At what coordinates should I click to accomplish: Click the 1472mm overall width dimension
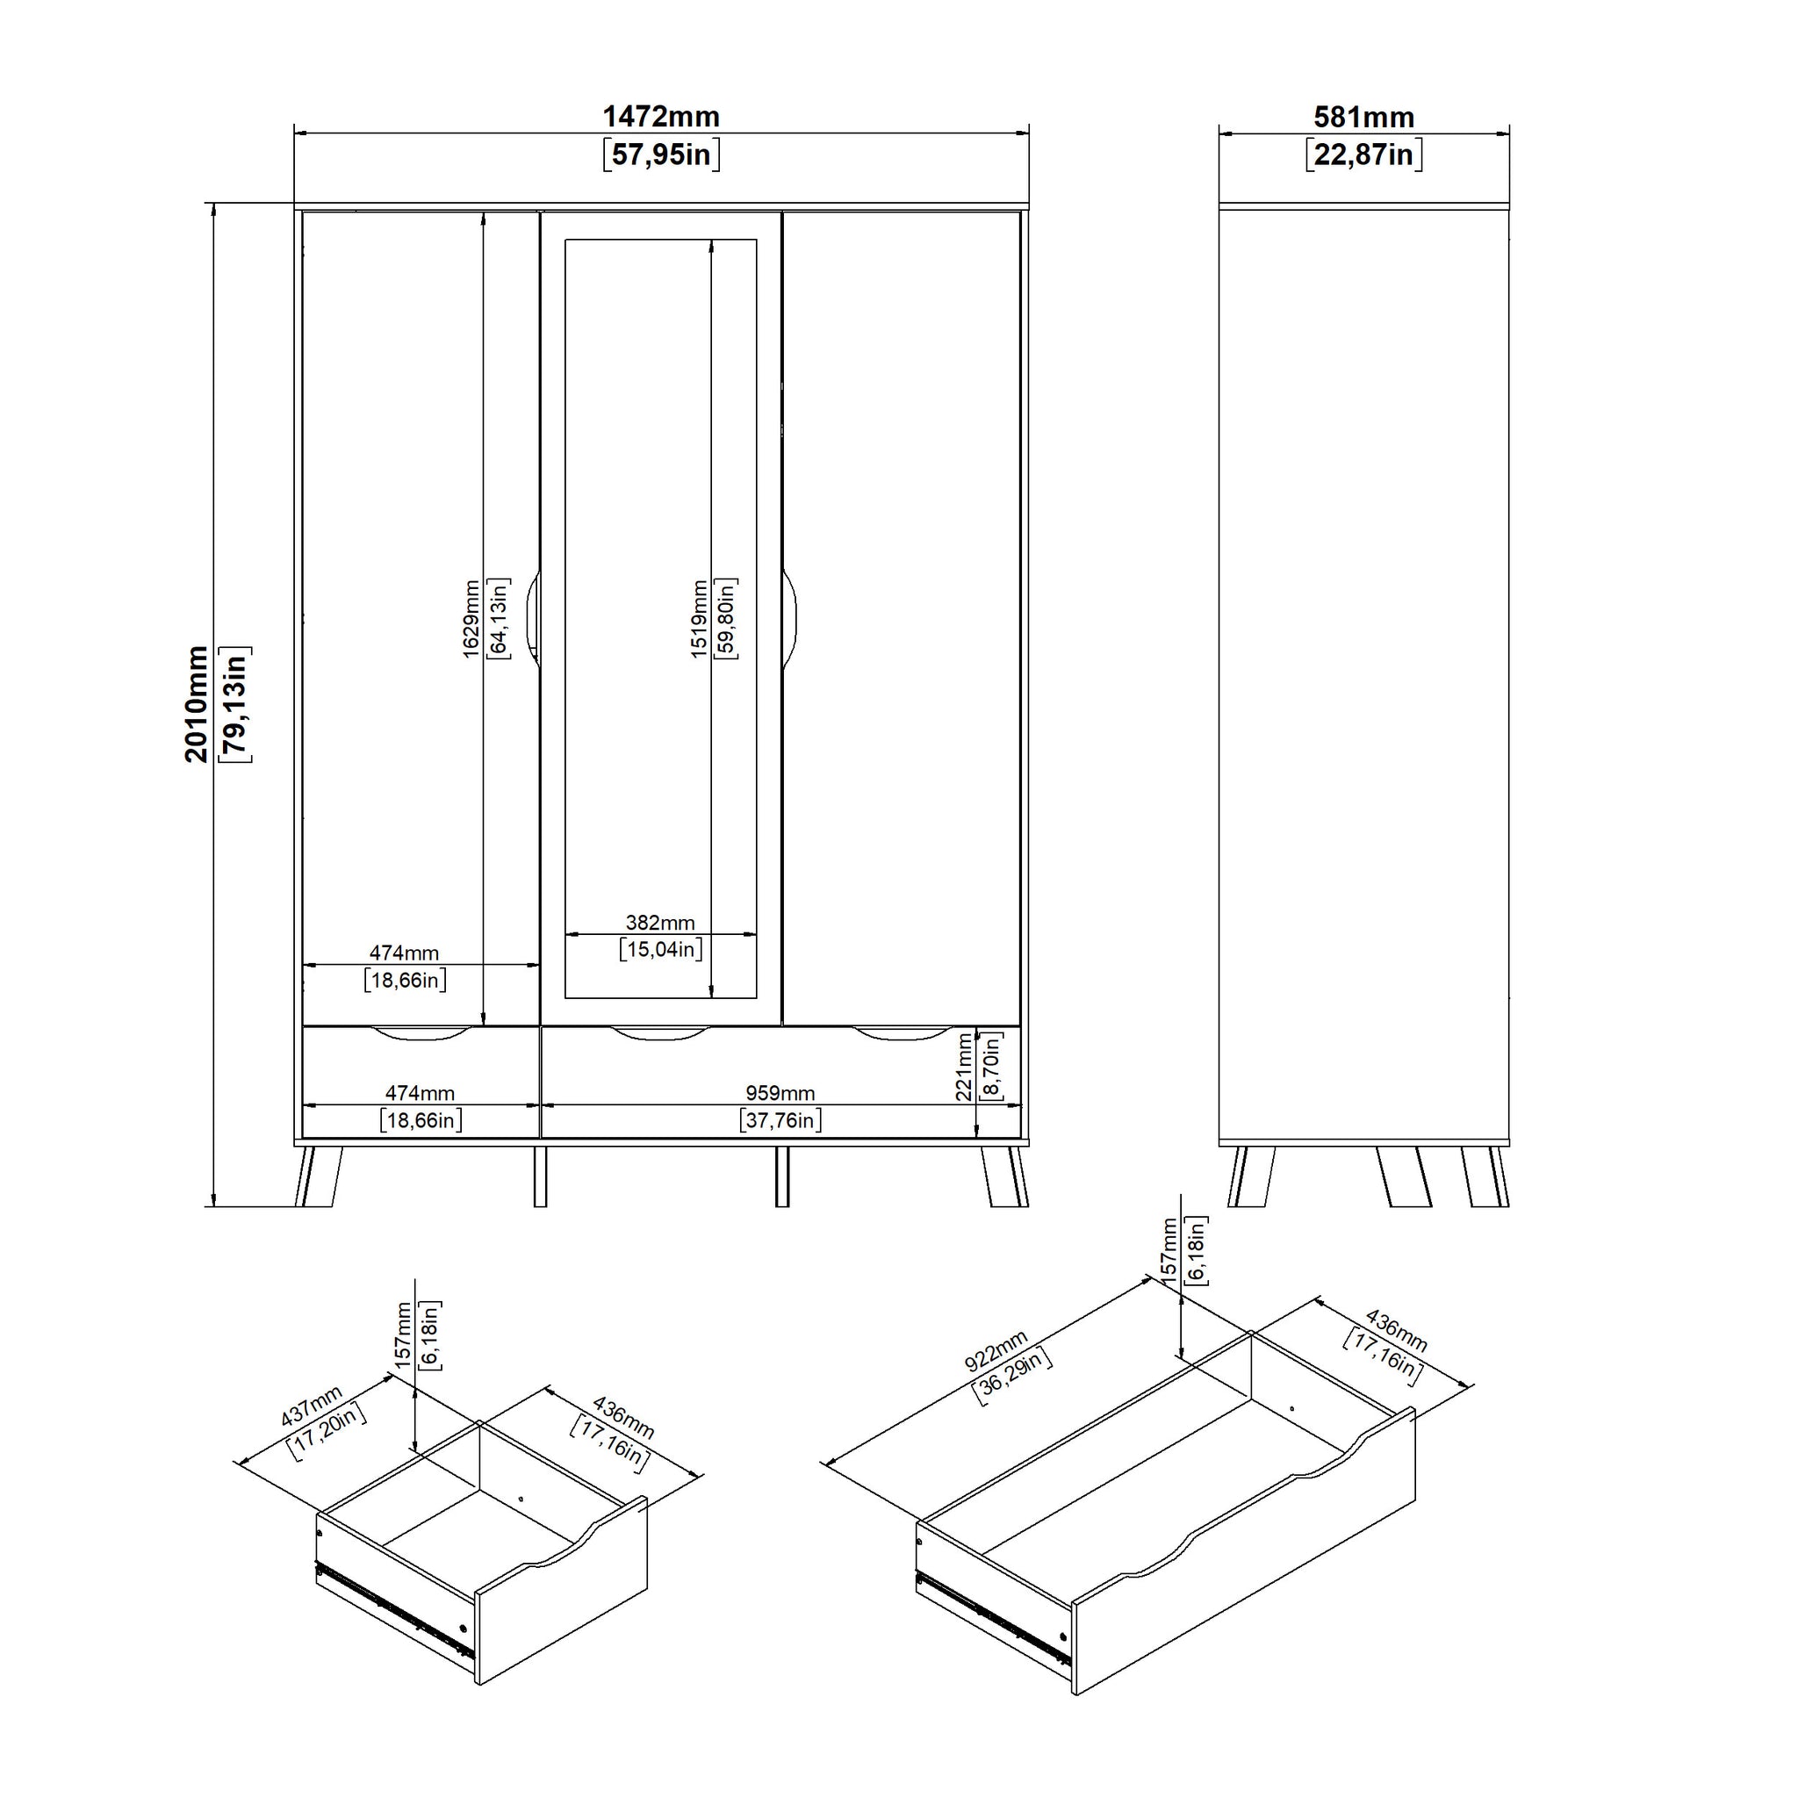coord(661,117)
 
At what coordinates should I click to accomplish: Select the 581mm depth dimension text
coord(1363,118)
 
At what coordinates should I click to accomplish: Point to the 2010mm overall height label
coord(197,703)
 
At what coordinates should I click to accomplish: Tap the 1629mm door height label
coord(471,619)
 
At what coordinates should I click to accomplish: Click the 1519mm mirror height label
coord(699,619)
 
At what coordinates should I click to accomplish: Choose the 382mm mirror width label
coord(660,923)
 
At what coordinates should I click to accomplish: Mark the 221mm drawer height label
coord(964,1067)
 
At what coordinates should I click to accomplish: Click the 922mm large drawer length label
coord(996,1350)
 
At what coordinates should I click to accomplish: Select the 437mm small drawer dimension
coord(312,1406)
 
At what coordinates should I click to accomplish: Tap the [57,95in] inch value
coord(661,154)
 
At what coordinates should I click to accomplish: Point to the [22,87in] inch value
coord(1363,154)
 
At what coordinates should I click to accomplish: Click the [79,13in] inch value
coord(234,703)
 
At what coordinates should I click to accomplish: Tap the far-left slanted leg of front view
coord(317,1176)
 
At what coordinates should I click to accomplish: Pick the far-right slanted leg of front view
coord(1006,1176)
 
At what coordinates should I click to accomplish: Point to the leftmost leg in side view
coord(1249,1176)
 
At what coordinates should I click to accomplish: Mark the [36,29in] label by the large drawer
coord(1012,1377)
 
